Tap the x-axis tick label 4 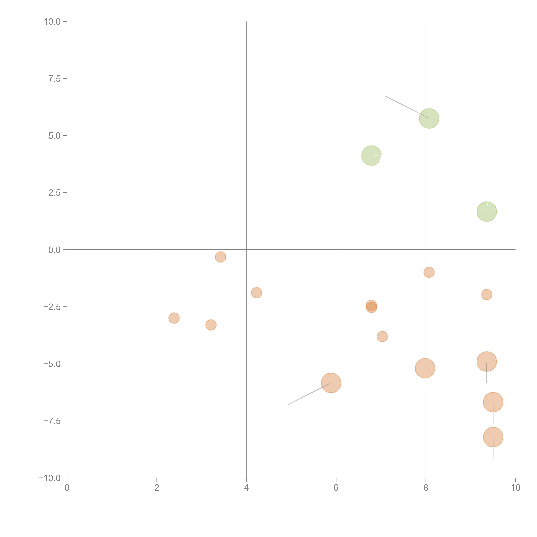click(x=246, y=488)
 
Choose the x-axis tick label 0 click(x=67, y=488)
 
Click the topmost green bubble click(x=429, y=118)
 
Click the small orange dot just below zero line click(x=220, y=257)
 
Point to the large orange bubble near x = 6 click(x=331, y=383)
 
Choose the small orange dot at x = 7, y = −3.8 click(x=382, y=337)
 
